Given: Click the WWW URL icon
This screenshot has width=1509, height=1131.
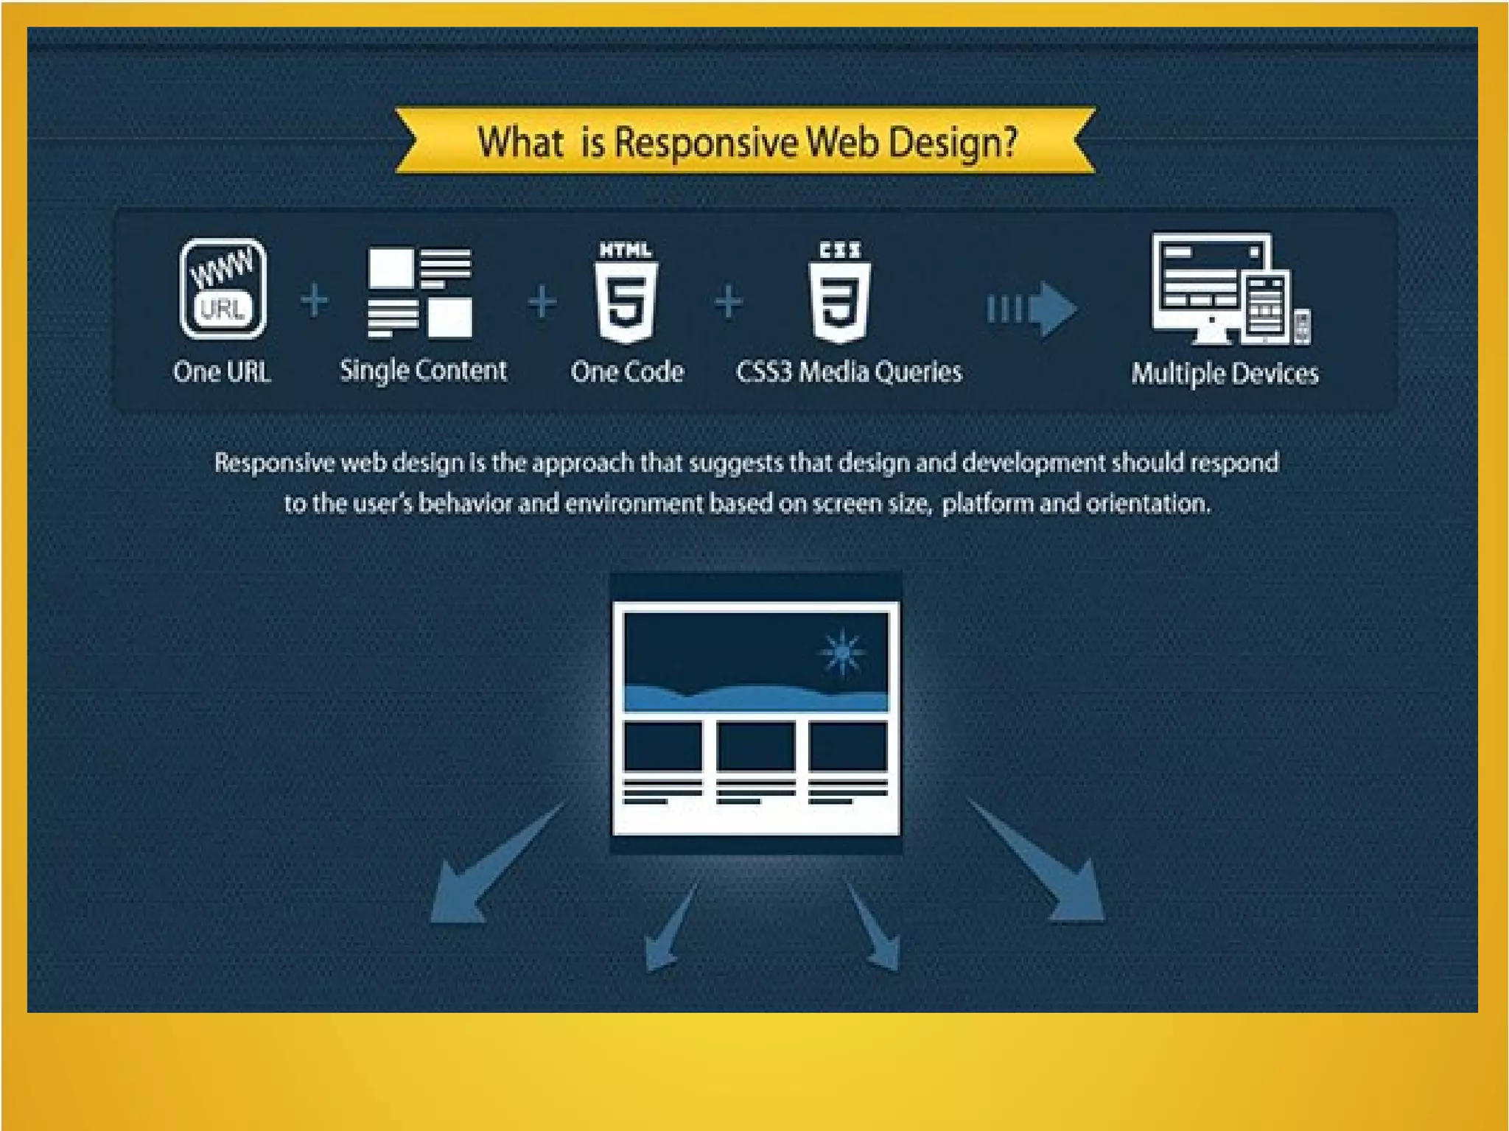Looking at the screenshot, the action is [223, 289].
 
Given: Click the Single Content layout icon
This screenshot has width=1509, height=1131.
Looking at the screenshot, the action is [419, 293].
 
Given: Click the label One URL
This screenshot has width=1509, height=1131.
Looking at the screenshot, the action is [222, 371].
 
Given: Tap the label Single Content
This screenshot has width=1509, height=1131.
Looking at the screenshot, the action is [423, 371].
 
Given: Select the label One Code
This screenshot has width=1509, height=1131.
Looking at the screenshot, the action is [627, 371].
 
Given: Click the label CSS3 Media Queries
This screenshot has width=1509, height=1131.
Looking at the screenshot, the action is [849, 372].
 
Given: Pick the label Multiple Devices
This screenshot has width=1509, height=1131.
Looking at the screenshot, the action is [1225, 374].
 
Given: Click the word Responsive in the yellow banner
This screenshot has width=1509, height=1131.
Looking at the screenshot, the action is [706, 142].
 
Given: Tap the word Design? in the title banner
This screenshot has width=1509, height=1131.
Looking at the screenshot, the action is [953, 142].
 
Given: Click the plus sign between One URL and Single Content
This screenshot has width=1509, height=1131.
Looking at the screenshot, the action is [315, 301].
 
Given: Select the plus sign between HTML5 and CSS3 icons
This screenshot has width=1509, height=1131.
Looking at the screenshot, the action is [729, 302].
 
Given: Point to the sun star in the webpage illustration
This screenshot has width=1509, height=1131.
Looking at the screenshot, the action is [842, 652].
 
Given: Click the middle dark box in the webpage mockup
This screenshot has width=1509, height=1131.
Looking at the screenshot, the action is [755, 746].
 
